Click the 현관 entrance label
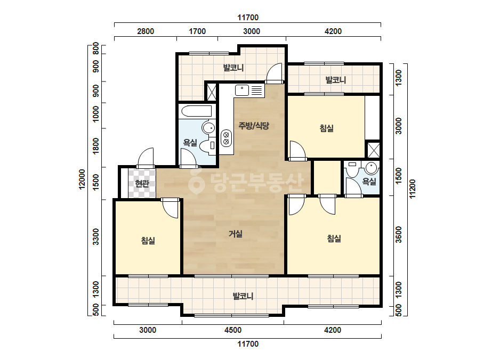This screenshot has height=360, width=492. (x=142, y=183)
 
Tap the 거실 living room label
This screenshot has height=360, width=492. (x=235, y=234)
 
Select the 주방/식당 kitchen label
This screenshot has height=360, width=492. (x=254, y=126)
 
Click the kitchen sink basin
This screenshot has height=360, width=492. (x=242, y=91)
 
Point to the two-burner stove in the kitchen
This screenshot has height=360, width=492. (x=226, y=138)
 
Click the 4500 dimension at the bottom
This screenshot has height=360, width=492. (x=233, y=330)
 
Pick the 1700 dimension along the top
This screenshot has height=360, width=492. (x=197, y=31)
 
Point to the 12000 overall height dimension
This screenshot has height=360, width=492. (x=82, y=179)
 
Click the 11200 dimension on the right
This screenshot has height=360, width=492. (x=412, y=189)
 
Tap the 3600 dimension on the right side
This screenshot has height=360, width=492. (x=399, y=234)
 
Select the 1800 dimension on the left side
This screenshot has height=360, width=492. (x=96, y=146)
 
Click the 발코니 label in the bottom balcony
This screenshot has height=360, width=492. (x=243, y=296)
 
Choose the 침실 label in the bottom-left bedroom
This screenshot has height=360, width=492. (x=148, y=241)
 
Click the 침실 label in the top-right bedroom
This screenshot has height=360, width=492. (x=326, y=128)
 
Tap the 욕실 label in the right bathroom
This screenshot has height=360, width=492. (x=369, y=182)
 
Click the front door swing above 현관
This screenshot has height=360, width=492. (x=146, y=158)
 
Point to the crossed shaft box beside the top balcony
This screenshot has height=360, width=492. (x=211, y=92)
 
